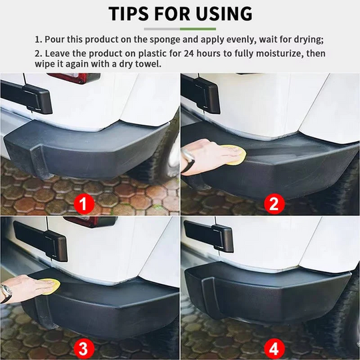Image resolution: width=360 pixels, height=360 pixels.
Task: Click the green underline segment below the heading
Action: point(198,29)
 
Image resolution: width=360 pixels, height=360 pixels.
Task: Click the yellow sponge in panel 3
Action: point(47,287)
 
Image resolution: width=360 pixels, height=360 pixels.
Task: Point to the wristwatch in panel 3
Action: point(6,292)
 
